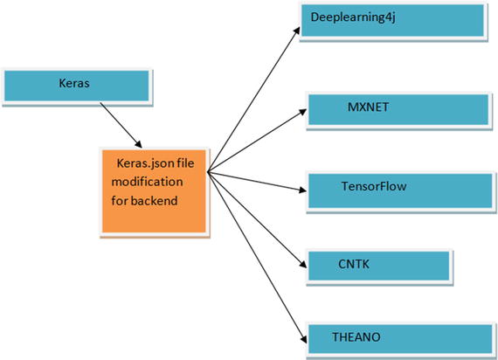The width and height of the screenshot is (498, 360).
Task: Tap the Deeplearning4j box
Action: [391, 20]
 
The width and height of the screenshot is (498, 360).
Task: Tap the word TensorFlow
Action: [373, 185]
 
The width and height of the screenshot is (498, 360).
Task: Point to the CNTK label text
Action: [354, 260]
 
